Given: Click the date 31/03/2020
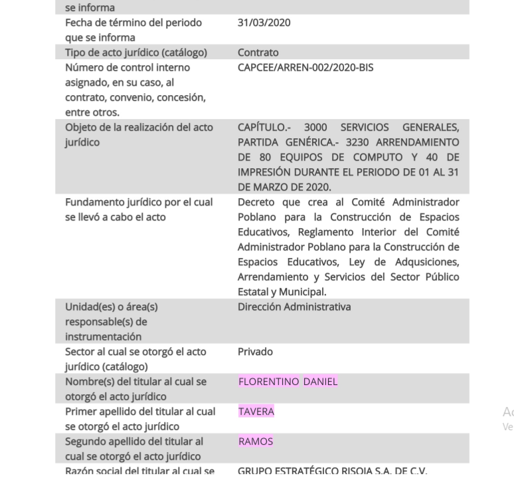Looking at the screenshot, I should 264,23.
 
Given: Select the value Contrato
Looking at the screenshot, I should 258,53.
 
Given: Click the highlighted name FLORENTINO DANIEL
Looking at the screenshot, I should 288,382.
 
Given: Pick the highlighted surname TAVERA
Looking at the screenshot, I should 256,412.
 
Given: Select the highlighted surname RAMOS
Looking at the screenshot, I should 256,441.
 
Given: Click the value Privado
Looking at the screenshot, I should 255,352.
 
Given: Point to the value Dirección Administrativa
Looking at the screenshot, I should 294,307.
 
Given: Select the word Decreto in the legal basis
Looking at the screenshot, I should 258,202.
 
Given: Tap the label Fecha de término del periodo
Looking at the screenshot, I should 133,23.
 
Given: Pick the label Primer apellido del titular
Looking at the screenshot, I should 140,412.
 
